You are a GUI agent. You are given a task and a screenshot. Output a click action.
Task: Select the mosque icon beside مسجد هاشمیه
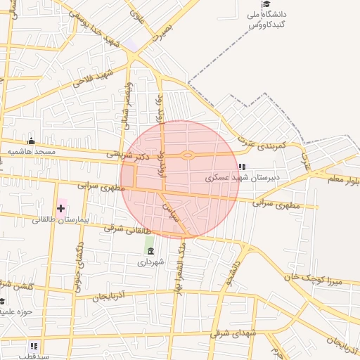point(30,141)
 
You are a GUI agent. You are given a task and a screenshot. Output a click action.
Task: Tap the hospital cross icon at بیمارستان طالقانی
point(61,208)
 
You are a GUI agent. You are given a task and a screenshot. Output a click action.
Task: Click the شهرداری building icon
point(151,250)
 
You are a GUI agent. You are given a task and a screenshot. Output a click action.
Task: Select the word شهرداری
point(150,262)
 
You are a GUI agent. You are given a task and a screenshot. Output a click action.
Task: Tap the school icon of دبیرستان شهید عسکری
point(243,167)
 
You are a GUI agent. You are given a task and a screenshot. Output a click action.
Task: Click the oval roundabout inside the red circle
point(188,155)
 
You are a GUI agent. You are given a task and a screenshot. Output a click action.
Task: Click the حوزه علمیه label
point(15,311)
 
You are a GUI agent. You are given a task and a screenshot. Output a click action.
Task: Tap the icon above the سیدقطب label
point(34,345)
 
